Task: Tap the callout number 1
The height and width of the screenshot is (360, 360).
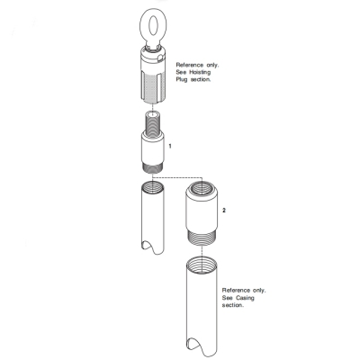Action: coord(171,144)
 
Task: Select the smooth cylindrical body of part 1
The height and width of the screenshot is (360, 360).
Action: coord(155,146)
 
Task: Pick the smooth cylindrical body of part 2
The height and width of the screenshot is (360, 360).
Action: coord(203,214)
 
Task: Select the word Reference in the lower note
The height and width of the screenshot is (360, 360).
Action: coord(236,291)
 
